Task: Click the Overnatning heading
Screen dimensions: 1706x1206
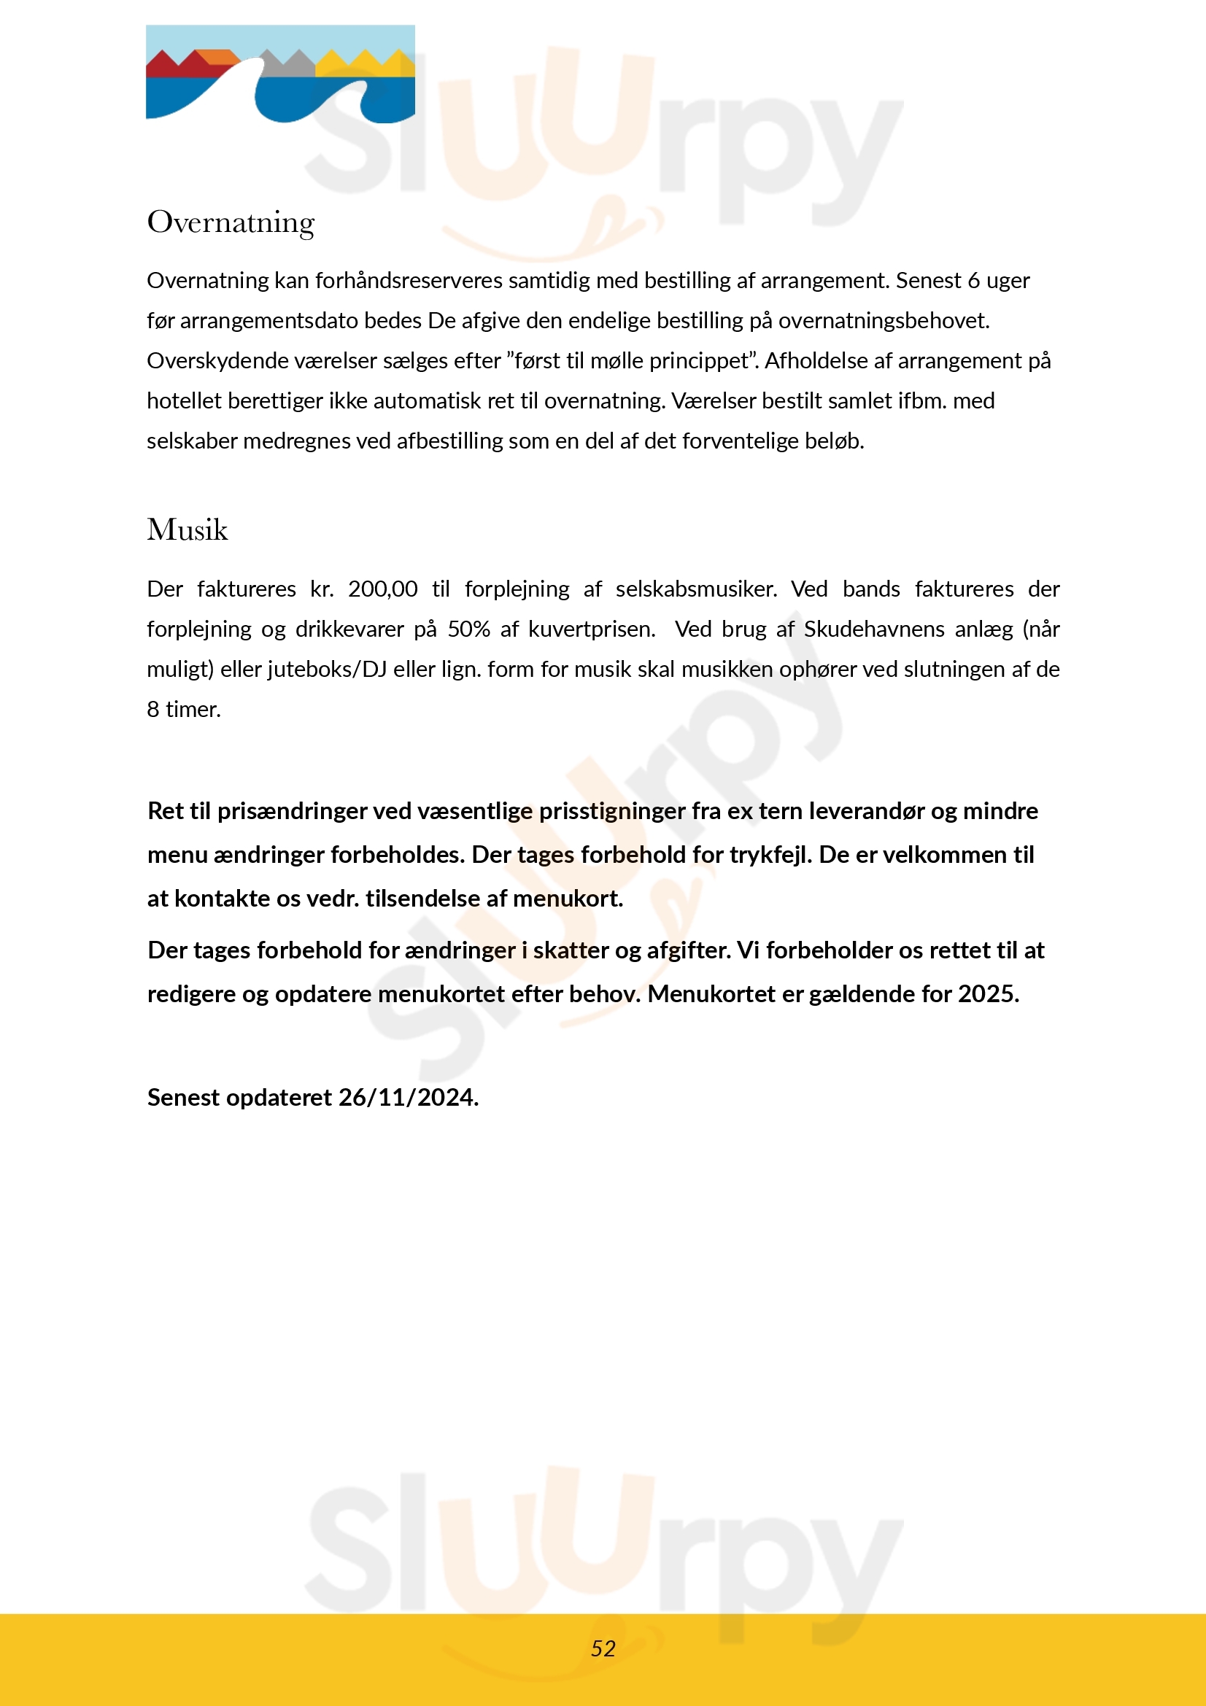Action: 231,222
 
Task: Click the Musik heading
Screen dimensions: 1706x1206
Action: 188,530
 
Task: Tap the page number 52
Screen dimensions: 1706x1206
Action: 603,1648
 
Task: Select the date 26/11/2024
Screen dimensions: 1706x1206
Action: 408,1098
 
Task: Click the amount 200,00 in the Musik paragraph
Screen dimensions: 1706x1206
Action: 383,589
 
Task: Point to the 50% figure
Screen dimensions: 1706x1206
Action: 468,629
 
